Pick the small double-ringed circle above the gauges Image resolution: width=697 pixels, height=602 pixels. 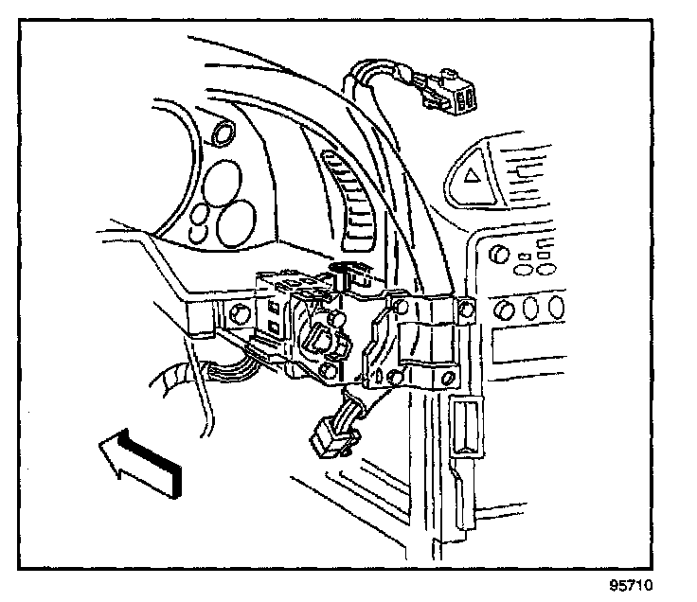[x=226, y=134]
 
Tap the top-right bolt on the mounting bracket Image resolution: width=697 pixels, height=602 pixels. [x=465, y=309]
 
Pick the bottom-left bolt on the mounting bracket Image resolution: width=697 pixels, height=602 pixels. [x=395, y=378]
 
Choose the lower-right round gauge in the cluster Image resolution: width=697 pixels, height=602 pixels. [x=234, y=222]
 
